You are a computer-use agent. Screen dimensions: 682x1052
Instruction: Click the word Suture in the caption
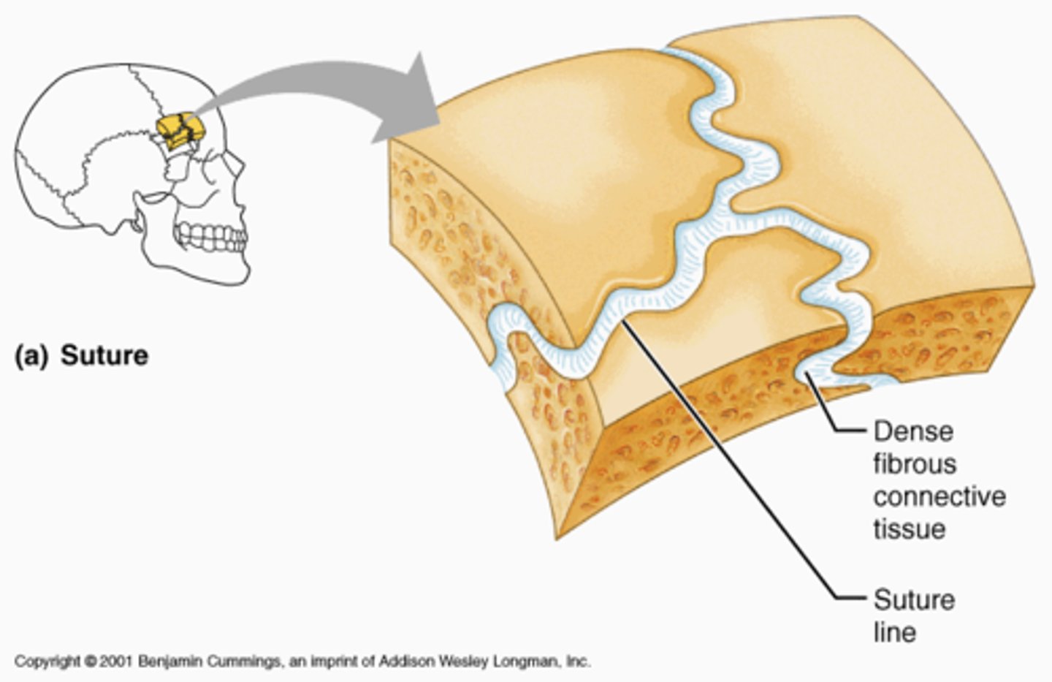[x=104, y=356]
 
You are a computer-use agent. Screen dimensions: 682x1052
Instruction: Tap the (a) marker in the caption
[x=32, y=356]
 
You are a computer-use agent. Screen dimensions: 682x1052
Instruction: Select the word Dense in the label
[x=913, y=431]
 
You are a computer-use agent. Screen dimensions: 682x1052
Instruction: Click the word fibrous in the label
[x=914, y=464]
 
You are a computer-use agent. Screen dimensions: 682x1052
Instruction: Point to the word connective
[x=939, y=497]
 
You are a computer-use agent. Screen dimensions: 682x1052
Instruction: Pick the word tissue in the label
[x=909, y=529]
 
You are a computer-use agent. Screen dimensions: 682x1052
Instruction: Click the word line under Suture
[x=894, y=632]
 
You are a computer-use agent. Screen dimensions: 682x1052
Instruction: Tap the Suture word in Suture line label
[x=914, y=600]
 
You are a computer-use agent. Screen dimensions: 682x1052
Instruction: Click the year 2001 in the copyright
[x=118, y=662]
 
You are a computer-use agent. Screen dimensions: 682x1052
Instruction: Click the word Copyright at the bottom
[x=48, y=662]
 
